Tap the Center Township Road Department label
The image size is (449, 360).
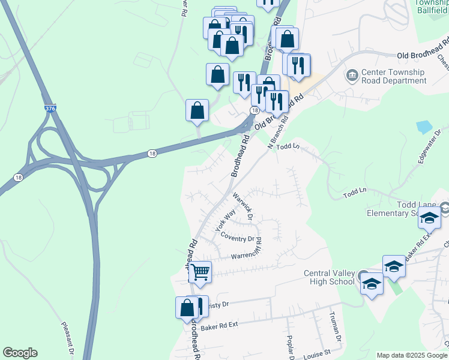393,76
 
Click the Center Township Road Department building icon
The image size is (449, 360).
351,76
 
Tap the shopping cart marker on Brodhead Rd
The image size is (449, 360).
200,272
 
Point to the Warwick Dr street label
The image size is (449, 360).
246,205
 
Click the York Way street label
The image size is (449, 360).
226,221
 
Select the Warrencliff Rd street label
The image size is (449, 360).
247,255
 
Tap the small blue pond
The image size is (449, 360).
423,127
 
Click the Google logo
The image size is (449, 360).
20,353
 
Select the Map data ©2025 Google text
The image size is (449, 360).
412,355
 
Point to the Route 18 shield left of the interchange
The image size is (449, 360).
18,178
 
